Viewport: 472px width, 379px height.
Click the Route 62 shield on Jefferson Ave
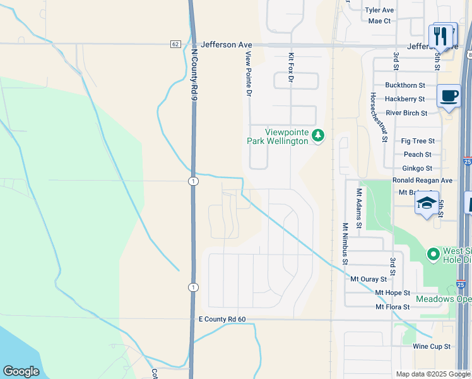(x=175, y=44)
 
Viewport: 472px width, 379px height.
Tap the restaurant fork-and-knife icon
(x=441, y=36)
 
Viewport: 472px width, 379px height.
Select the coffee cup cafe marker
(x=448, y=96)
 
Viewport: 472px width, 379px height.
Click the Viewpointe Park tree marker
(x=319, y=136)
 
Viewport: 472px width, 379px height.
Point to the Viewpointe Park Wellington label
(x=277, y=136)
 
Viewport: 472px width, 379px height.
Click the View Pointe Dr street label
(x=248, y=74)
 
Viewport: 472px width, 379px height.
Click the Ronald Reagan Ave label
(x=422, y=181)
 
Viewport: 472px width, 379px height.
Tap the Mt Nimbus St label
(x=345, y=243)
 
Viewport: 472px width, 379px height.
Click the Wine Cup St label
(x=432, y=347)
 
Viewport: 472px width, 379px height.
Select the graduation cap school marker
(x=427, y=203)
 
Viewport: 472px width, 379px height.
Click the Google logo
(x=21, y=371)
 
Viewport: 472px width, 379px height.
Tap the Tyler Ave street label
(x=379, y=10)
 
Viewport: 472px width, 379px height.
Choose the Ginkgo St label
(x=417, y=169)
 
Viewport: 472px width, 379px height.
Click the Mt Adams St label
(x=359, y=208)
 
